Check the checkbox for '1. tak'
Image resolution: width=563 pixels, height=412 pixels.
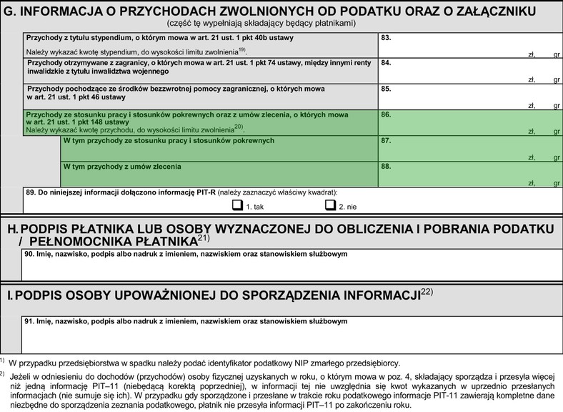click(x=237, y=206)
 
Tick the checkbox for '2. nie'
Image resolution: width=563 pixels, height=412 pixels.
click(x=330, y=206)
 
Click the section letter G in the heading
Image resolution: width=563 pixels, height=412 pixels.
click(x=9, y=9)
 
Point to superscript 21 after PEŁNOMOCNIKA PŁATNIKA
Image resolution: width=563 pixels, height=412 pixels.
click(x=203, y=237)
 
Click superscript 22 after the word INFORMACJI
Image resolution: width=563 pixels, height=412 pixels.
click(x=427, y=292)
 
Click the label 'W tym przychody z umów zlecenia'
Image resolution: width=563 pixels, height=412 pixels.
click(x=122, y=167)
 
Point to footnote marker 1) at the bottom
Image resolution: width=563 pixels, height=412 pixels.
click(x=3, y=361)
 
